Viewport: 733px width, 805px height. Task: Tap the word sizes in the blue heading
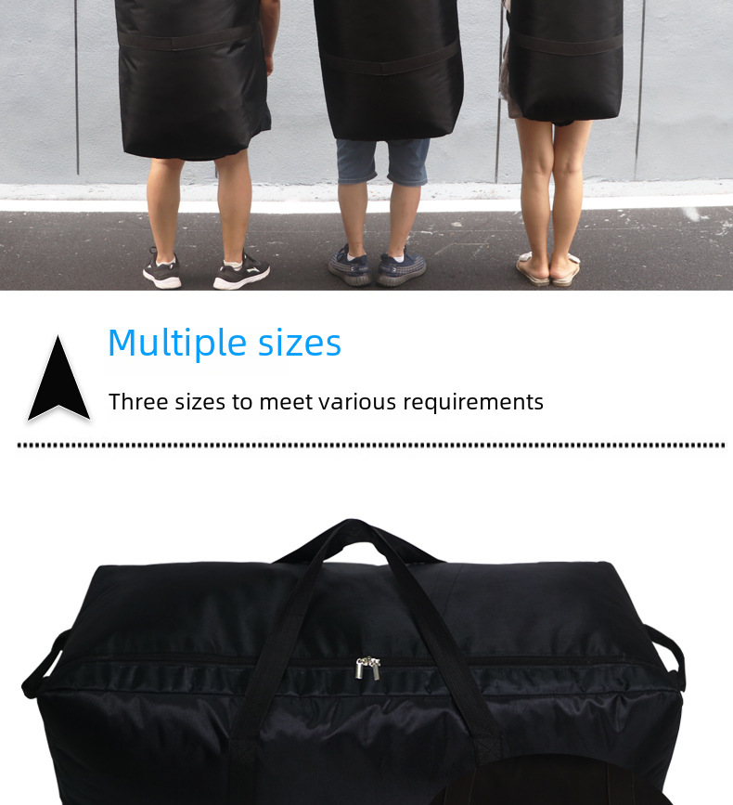300,344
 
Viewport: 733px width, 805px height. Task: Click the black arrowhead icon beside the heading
58,381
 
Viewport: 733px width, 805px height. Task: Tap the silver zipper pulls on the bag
368,667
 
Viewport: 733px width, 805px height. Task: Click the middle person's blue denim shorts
382,161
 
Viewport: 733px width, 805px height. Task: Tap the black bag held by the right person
566,60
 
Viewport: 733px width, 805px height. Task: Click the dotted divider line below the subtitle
370,446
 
